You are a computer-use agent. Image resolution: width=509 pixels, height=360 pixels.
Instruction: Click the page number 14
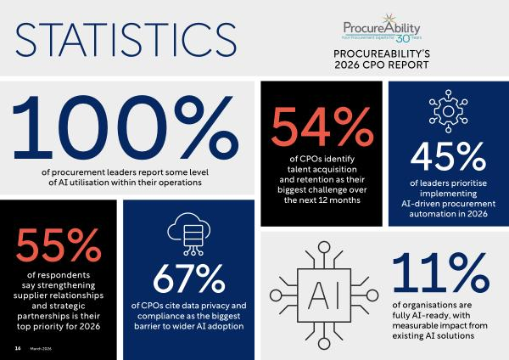point(17,347)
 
